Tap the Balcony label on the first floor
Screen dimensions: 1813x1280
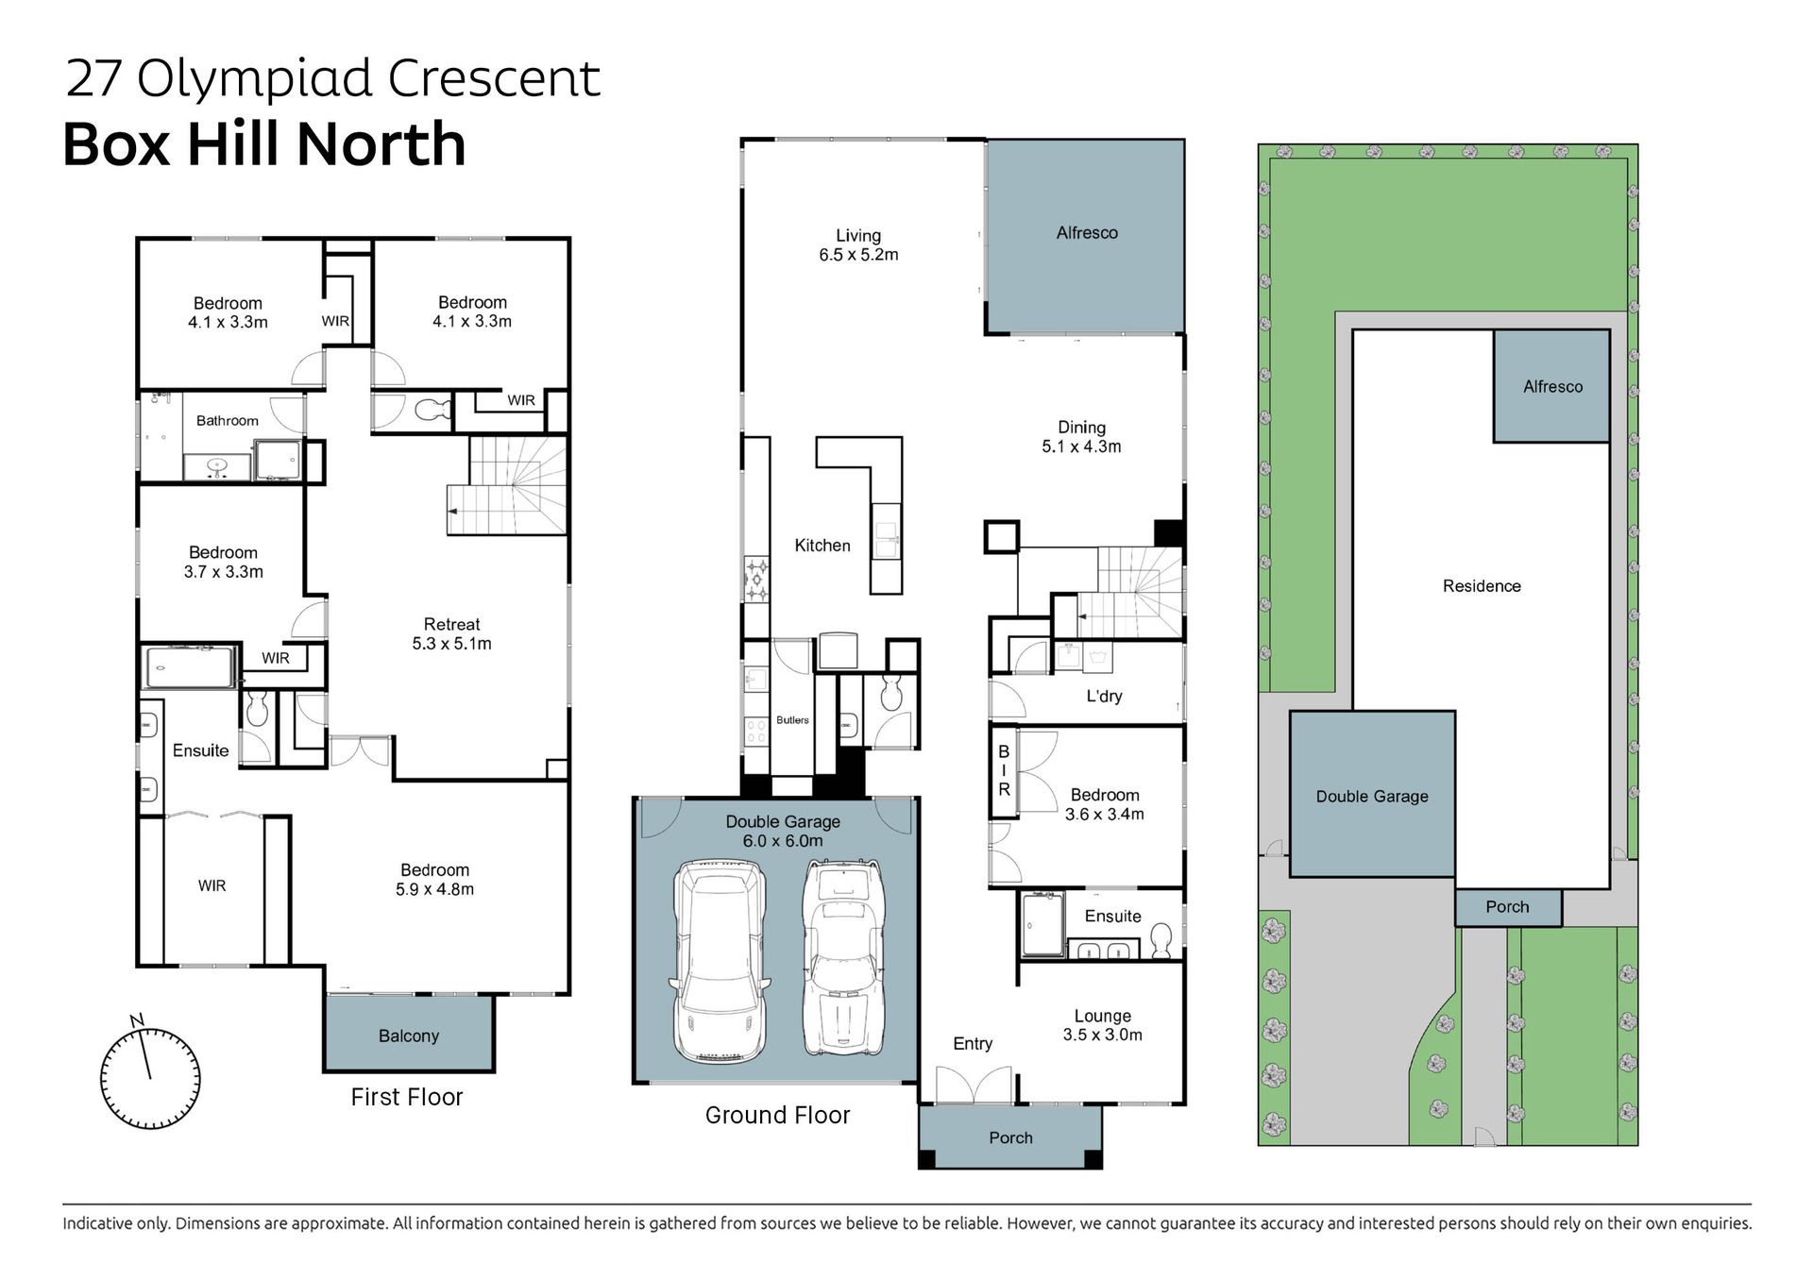pos(409,1036)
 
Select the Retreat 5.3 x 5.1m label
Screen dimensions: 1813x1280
pos(451,633)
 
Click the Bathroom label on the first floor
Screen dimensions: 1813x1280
pos(227,420)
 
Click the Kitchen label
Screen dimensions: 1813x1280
pos(822,546)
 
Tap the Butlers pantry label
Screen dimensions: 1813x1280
pos(792,720)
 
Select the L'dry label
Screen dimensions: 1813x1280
pos(1104,696)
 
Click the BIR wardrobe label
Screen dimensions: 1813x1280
pos(1004,770)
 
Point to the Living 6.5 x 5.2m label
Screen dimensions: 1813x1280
pos(858,244)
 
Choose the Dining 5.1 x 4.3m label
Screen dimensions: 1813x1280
pos(1081,437)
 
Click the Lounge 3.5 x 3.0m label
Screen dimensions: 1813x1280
pos(1102,1025)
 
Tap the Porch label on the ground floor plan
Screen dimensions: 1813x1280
pos(1010,1137)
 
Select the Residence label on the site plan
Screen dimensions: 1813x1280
pos(1482,586)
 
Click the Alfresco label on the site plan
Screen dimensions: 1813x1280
pos(1552,386)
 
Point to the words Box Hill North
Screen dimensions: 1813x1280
pos(264,144)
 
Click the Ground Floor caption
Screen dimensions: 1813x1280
pos(777,1115)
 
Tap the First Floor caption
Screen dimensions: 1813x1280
pos(407,1097)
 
